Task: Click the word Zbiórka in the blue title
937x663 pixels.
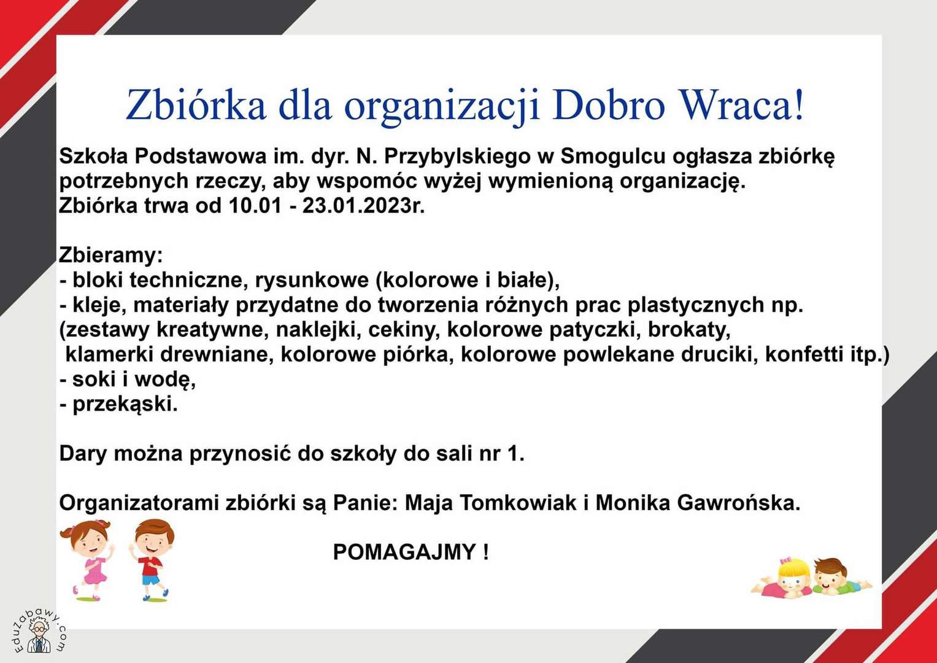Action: pyautogui.click(x=196, y=105)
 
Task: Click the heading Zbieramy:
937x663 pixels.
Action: pyautogui.click(x=110, y=255)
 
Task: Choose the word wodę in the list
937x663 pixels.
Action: pyautogui.click(x=167, y=380)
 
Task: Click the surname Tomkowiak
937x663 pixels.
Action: pyautogui.click(x=519, y=503)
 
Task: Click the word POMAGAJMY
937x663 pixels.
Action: pyautogui.click(x=404, y=552)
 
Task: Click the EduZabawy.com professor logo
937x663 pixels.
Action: pyautogui.click(x=39, y=634)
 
